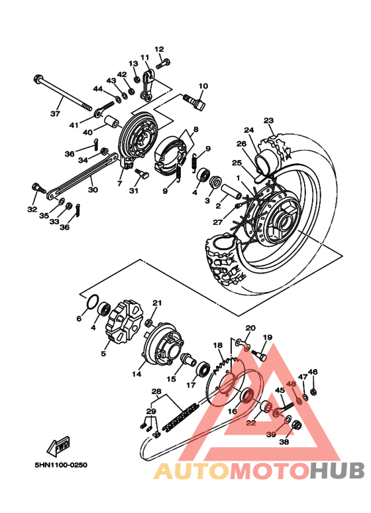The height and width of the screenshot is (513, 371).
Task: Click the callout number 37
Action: (x=55, y=113)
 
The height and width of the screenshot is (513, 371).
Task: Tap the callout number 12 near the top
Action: (x=159, y=48)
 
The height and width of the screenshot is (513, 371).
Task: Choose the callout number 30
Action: (x=93, y=189)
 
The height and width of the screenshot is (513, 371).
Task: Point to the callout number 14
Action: (x=136, y=374)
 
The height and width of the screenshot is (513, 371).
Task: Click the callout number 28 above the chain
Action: (x=156, y=391)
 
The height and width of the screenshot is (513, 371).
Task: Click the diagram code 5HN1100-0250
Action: (x=52, y=465)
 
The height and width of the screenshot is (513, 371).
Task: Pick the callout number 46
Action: (x=313, y=372)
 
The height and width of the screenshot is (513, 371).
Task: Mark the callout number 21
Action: (x=157, y=303)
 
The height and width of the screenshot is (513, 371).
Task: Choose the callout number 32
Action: (x=32, y=209)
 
